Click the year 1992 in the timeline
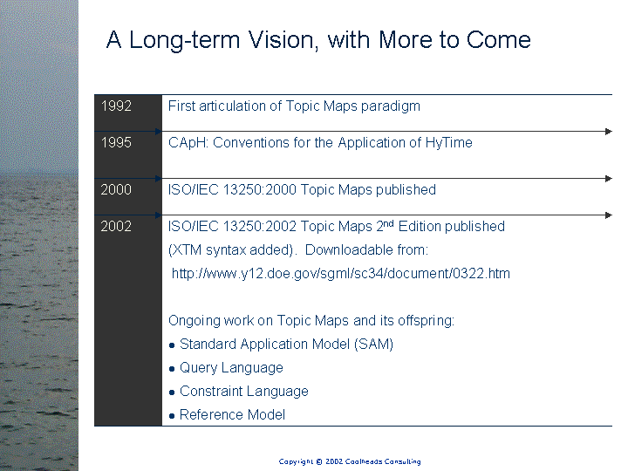coord(116,106)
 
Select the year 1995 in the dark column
coord(116,142)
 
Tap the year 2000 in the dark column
coord(116,189)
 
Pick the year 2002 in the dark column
coord(116,226)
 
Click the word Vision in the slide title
coord(283,40)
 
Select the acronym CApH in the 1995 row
coord(187,143)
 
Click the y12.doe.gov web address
coord(341,274)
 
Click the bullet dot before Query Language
coord(172,369)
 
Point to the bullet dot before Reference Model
coord(172,416)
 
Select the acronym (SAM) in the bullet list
coord(373,345)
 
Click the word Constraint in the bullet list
coord(211,392)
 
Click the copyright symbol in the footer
coord(319,461)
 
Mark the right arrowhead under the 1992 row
coord(609,132)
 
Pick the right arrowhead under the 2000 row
coord(609,215)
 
